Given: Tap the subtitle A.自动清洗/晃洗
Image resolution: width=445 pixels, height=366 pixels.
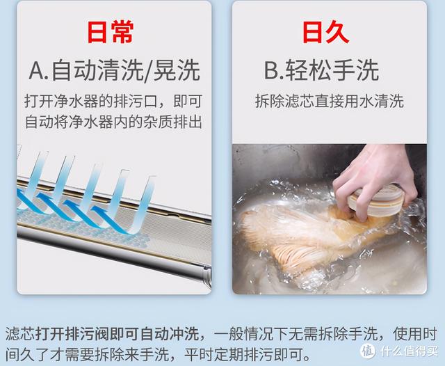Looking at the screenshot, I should [x=114, y=70].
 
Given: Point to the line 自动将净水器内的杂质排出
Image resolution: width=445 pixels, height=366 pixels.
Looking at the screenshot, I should [x=114, y=122].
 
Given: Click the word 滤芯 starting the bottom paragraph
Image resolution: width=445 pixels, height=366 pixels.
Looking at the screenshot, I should [x=18, y=333].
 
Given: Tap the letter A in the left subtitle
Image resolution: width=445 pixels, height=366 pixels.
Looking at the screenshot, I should [x=38, y=70].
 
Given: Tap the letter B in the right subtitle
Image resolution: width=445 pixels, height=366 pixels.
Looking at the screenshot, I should [x=271, y=70].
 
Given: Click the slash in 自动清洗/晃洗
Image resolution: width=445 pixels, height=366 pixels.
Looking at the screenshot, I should [x=152, y=70].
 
